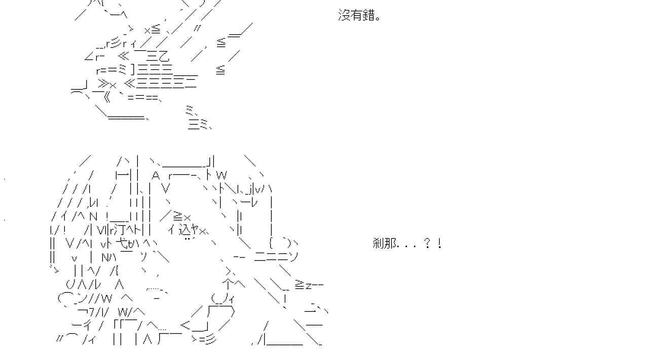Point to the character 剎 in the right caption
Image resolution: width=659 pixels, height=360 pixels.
(379, 244)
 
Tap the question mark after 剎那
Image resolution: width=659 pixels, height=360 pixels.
(427, 244)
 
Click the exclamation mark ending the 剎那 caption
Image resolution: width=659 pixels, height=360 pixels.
(440, 244)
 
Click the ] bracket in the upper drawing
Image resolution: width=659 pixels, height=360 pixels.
(132, 69)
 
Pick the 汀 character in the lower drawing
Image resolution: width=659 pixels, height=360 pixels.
(125, 230)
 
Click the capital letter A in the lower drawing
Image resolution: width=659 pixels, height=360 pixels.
(156, 175)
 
